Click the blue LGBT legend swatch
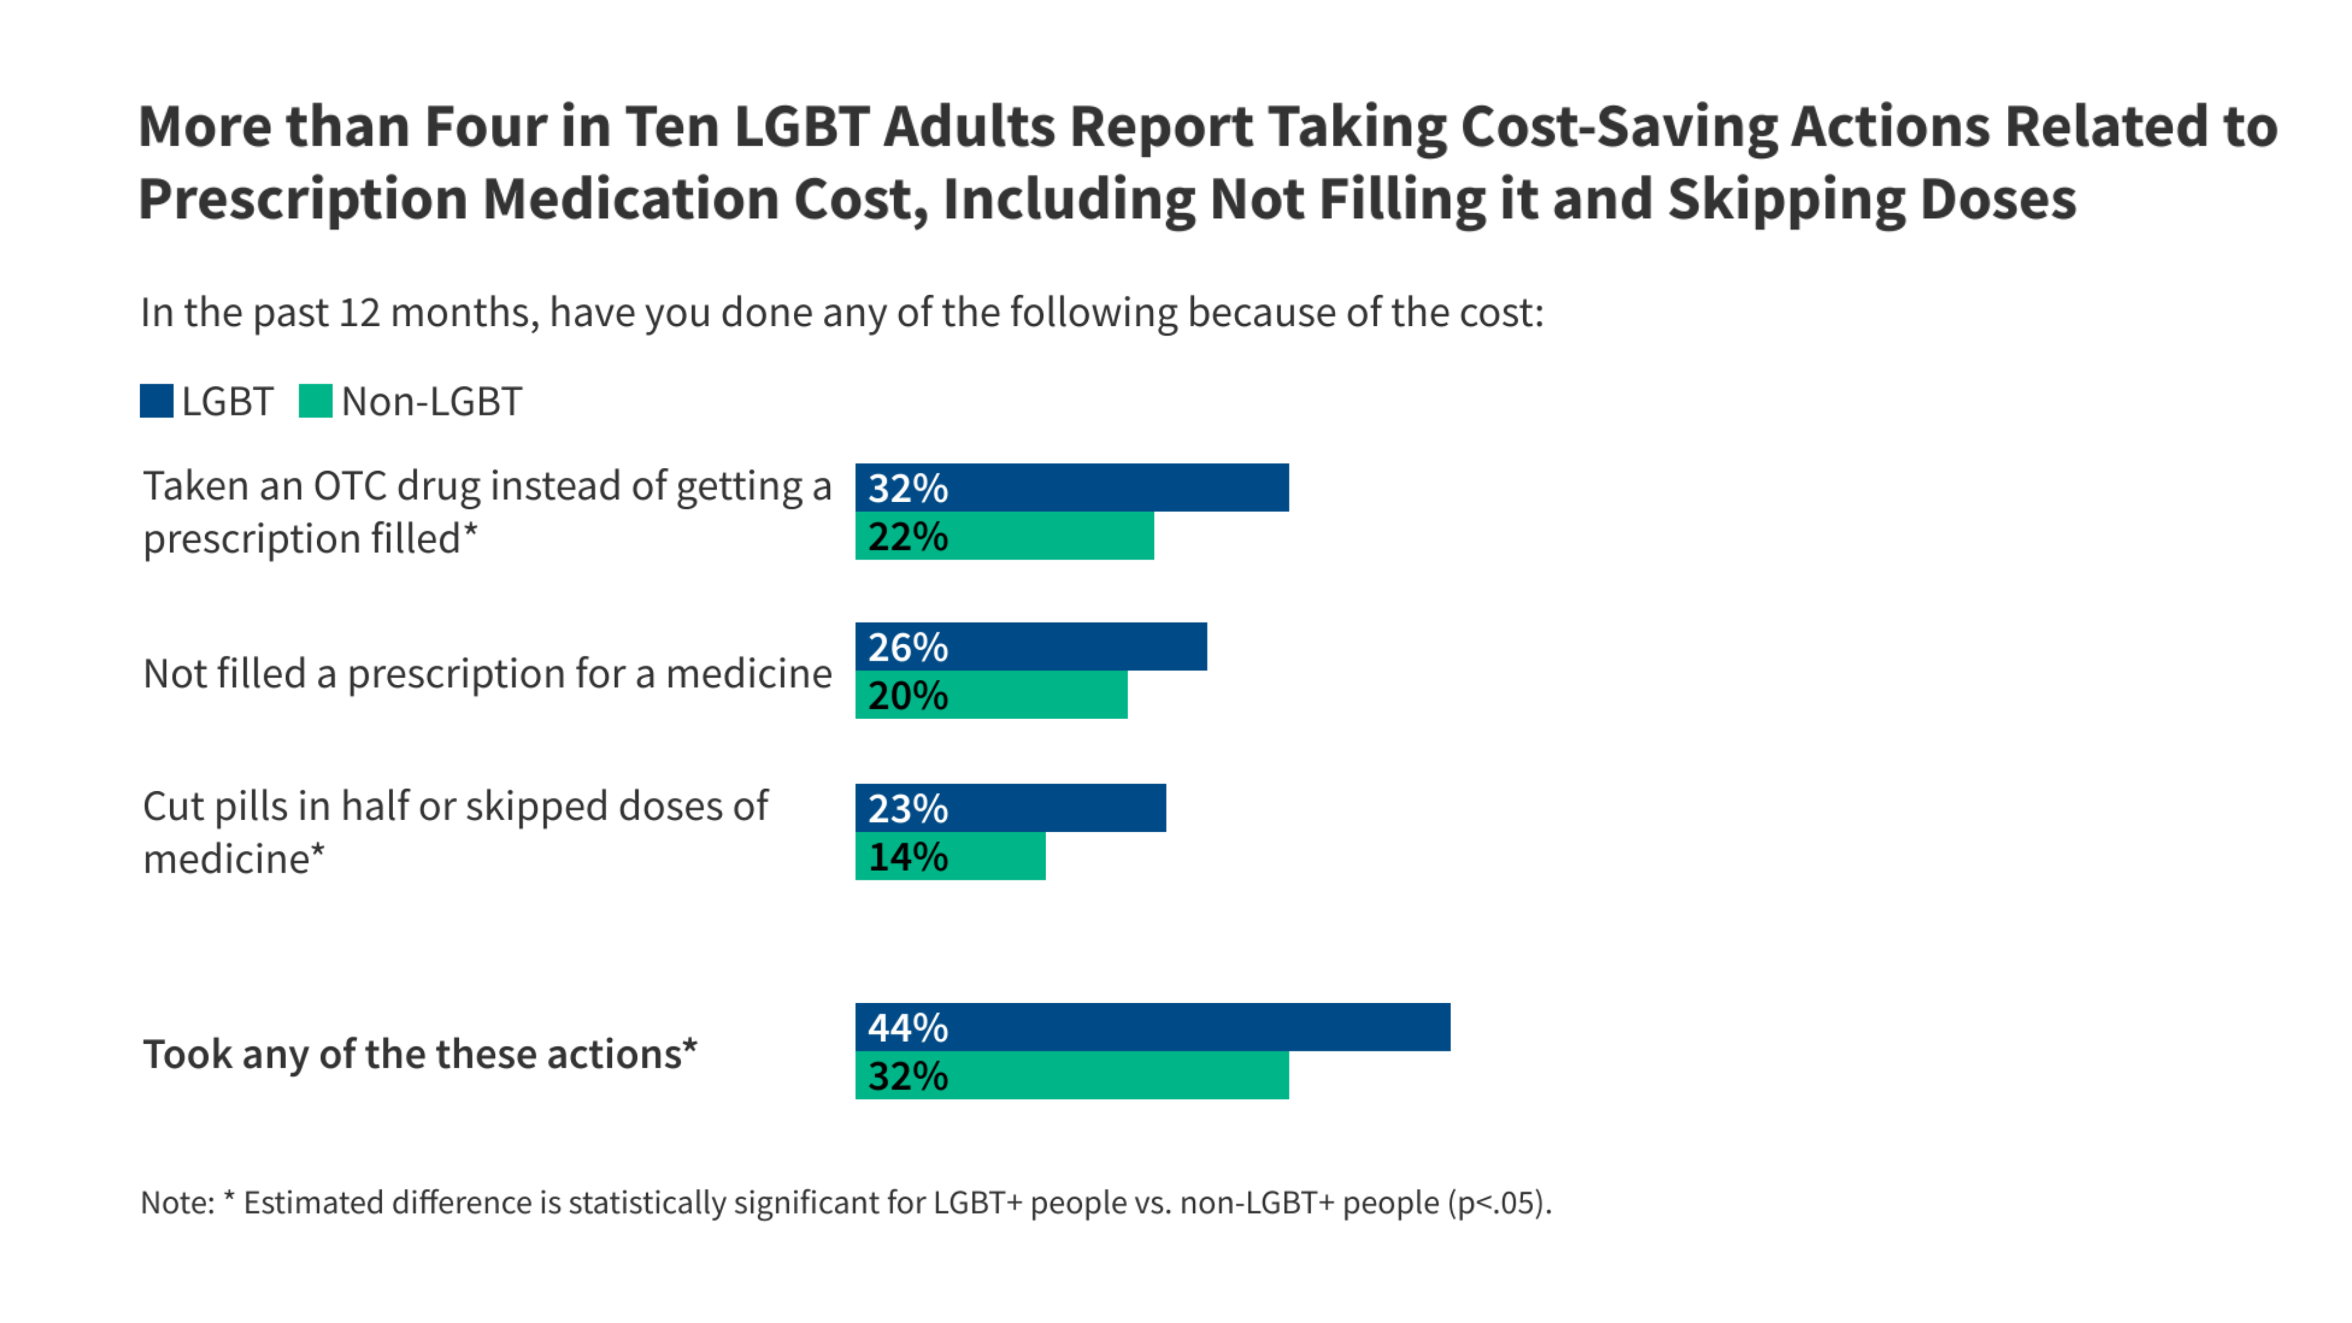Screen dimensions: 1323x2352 156,401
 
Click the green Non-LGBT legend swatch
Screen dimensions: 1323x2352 315,401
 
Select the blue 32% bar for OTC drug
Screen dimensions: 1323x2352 1072,488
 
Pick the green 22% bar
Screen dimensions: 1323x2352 1005,536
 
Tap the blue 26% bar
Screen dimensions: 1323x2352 1031,646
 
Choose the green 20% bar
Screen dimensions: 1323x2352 990,695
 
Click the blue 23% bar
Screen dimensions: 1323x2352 1010,808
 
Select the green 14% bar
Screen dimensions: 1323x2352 949,856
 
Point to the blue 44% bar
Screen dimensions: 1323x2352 1152,1027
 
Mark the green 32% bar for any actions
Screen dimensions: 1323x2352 1072,1076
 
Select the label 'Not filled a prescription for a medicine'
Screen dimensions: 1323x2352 488,674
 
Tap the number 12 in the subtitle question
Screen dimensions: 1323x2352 359,312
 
